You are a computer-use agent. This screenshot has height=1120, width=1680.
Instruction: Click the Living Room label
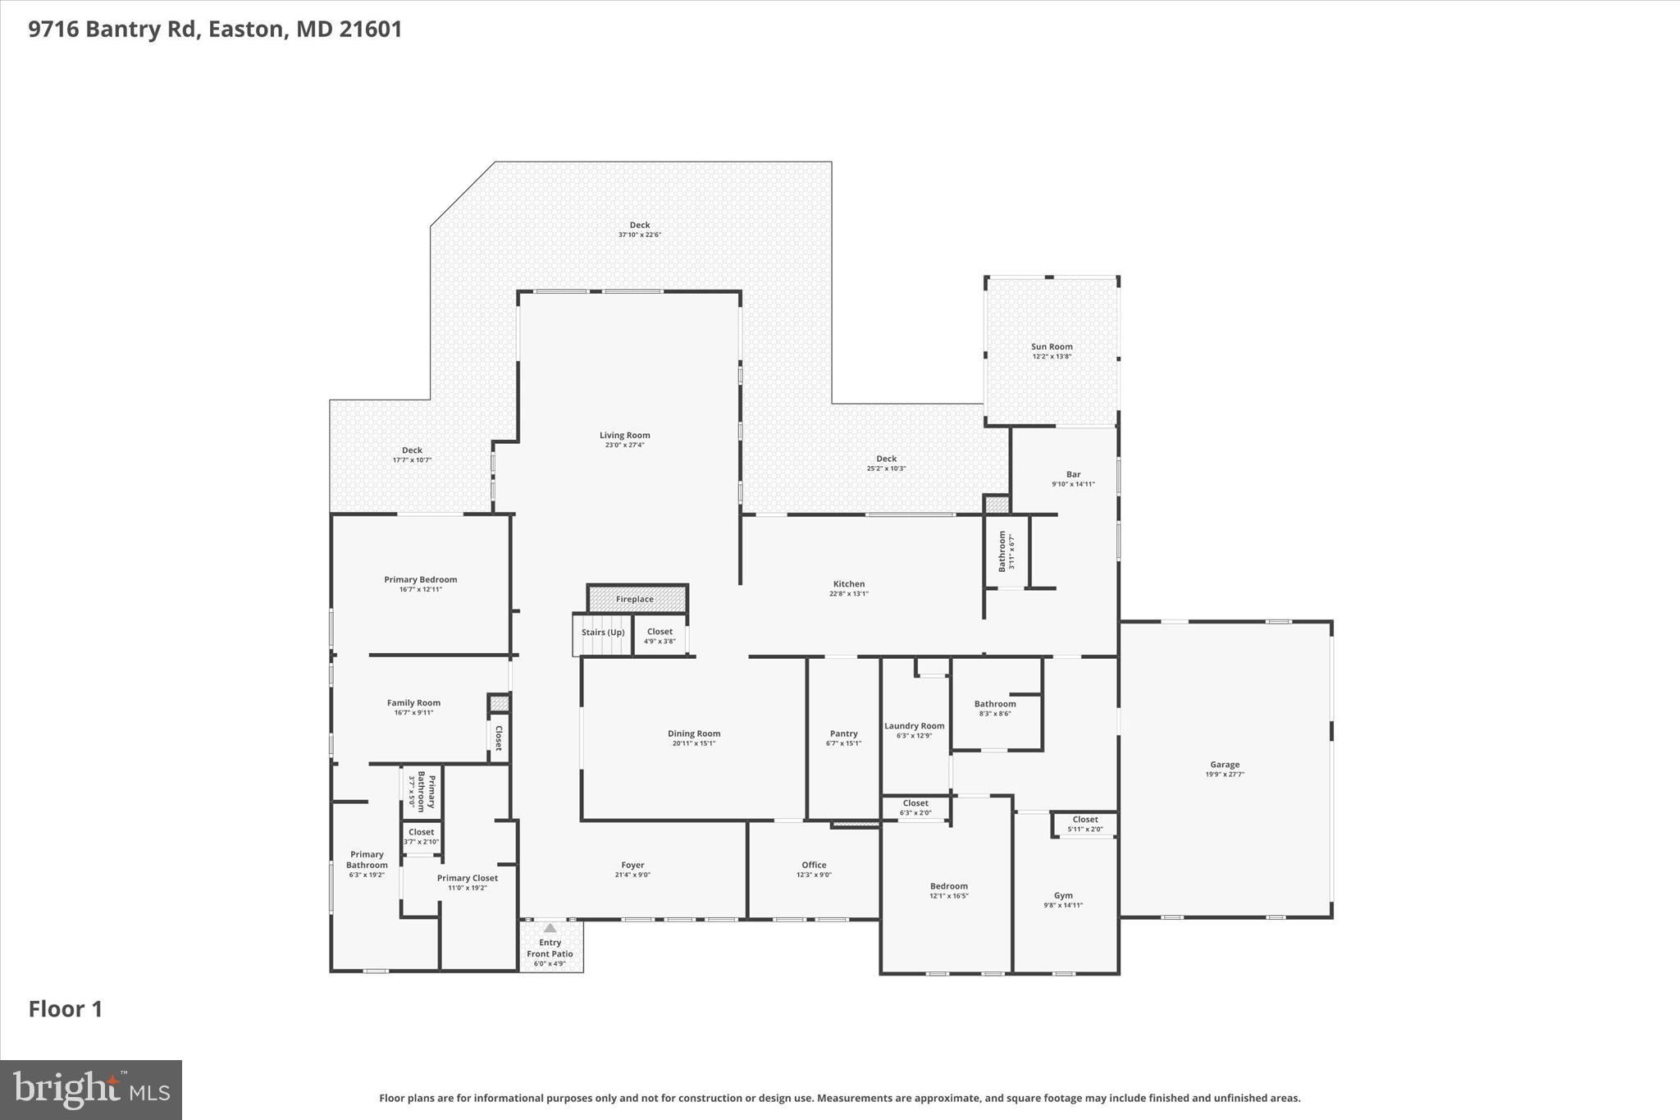(x=624, y=436)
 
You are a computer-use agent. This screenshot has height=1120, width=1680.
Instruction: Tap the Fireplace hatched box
(x=637, y=599)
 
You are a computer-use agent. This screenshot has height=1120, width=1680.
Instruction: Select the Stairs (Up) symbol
(x=602, y=633)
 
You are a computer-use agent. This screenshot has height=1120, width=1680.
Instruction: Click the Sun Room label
(x=1052, y=347)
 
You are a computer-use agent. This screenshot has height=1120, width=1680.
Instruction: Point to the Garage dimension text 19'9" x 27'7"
(x=1225, y=775)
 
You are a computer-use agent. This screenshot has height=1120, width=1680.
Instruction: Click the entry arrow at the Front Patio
(x=550, y=928)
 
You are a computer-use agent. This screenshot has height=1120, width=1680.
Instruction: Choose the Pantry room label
(x=843, y=734)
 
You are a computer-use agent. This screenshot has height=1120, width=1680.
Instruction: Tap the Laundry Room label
(x=914, y=726)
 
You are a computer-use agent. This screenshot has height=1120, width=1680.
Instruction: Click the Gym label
(x=1063, y=895)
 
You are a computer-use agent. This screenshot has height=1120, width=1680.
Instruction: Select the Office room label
(x=814, y=865)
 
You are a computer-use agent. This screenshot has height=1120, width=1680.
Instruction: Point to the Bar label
(x=1073, y=474)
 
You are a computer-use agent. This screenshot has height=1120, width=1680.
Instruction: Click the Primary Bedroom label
(x=420, y=579)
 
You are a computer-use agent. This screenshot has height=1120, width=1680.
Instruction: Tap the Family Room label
(x=413, y=702)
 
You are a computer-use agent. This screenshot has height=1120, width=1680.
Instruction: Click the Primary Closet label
(x=467, y=878)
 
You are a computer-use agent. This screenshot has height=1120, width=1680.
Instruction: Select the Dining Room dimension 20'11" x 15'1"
(x=694, y=744)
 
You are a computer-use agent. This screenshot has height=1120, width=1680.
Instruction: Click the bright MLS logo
(x=91, y=1090)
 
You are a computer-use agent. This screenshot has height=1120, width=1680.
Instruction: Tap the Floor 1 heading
(x=66, y=1009)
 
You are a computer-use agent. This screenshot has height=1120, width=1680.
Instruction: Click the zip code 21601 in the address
(x=371, y=30)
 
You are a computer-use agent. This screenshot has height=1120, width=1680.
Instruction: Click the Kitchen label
(x=848, y=584)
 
